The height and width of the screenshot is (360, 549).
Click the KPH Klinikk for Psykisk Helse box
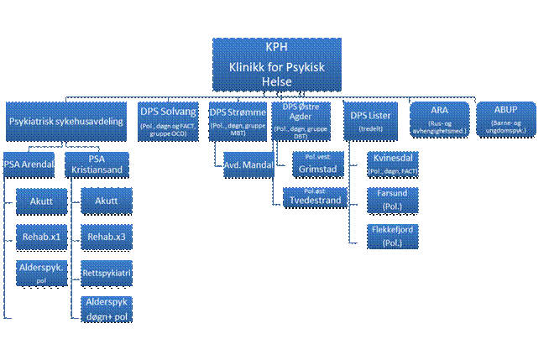click(x=277, y=64)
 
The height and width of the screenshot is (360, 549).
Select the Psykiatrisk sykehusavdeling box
click(x=66, y=123)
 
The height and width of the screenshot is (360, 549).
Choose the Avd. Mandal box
click(x=248, y=165)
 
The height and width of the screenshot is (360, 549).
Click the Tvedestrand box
click(x=315, y=196)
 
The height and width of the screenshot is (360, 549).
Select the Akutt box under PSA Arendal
click(x=40, y=201)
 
